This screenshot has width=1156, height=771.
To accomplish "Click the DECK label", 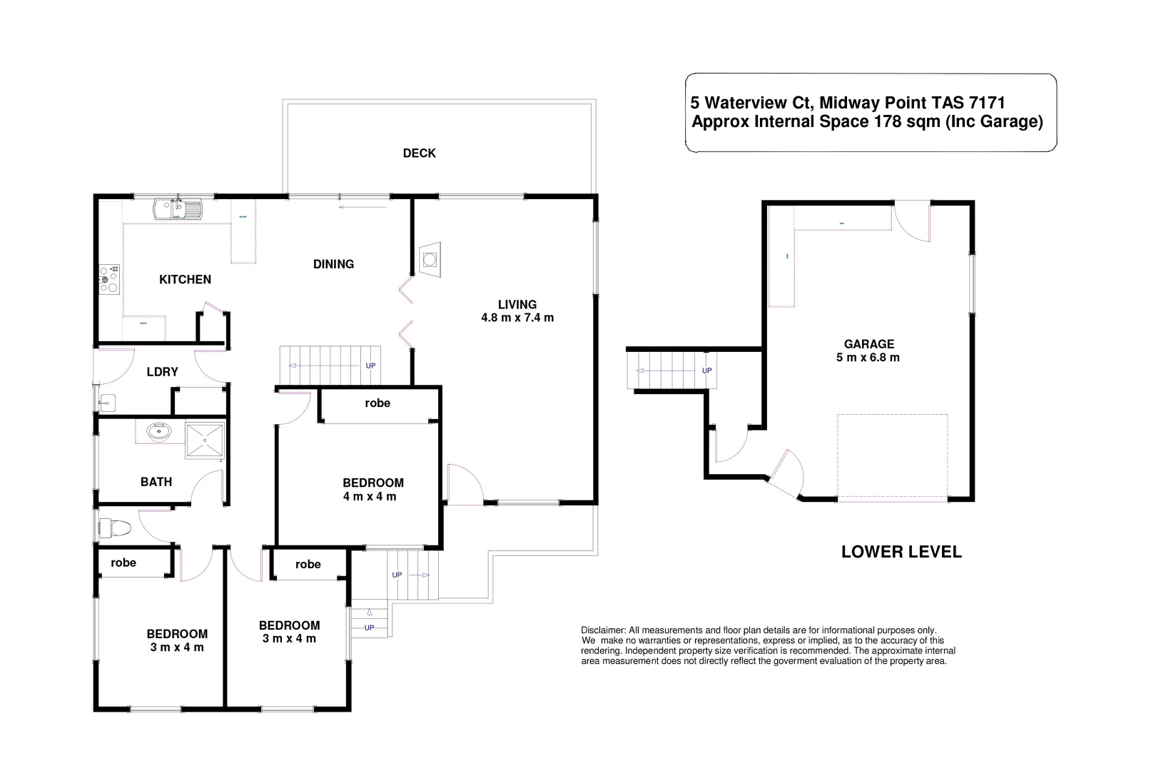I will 419,153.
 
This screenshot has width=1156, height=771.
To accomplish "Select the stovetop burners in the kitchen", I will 108,278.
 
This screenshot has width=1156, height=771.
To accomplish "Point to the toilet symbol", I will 116,529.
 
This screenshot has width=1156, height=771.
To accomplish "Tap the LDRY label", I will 162,372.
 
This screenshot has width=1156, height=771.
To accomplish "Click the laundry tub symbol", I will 108,403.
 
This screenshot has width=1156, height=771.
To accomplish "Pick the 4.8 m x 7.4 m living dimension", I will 517,318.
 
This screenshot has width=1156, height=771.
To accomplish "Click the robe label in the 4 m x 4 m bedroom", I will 377,403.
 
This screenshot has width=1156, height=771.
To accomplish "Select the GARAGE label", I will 868,344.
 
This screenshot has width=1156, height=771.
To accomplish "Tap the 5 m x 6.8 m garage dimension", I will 868,358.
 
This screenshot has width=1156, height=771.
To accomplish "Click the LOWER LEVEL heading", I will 901,552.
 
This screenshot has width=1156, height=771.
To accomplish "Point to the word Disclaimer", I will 603,630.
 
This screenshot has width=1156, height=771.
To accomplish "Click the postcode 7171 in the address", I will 987,104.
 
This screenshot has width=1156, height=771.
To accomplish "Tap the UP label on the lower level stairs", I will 706,371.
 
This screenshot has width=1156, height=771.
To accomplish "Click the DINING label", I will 333,264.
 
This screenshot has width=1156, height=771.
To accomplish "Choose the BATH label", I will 156,482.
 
